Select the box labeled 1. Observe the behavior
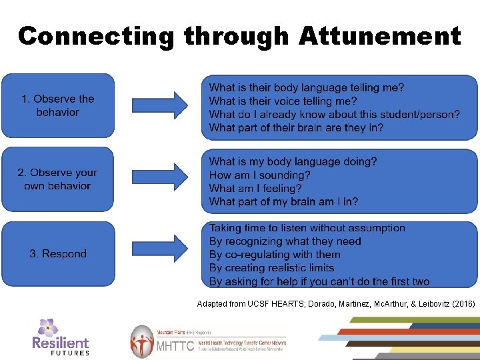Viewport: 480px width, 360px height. [x=58, y=105]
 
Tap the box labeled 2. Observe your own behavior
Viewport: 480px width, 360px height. [x=58, y=179]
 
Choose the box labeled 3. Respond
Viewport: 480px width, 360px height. [x=58, y=253]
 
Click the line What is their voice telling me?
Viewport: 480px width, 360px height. [x=283, y=101]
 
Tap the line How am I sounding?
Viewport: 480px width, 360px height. [x=259, y=175]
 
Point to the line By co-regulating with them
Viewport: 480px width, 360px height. [x=275, y=255]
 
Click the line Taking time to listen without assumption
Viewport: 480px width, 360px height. [x=307, y=228]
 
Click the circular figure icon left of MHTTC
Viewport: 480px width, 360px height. [x=142, y=341]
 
